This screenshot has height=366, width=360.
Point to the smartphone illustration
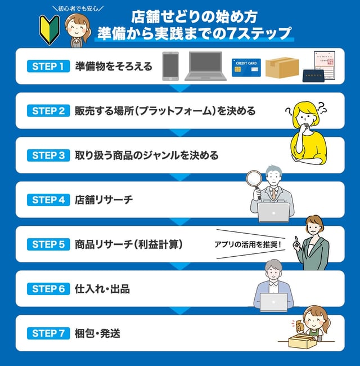point(170,66)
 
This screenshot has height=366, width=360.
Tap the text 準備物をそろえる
point(113,66)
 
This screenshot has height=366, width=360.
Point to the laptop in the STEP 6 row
point(273,302)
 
